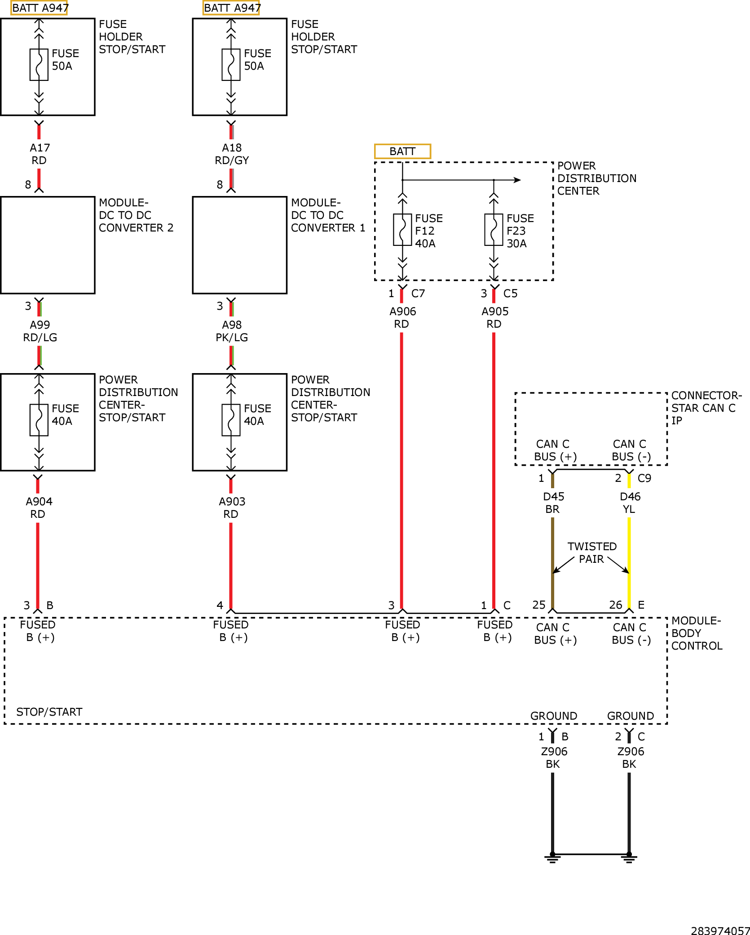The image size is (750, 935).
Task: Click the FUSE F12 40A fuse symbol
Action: click(402, 230)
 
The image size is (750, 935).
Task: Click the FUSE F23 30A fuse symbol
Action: click(494, 230)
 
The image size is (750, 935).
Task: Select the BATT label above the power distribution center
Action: click(402, 151)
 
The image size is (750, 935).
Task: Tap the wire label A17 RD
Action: click(40, 154)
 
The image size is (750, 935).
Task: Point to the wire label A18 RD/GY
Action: click(232, 154)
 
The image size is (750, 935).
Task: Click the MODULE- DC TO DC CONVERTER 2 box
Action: click(48, 245)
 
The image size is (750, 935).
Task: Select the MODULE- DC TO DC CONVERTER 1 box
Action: click(239, 245)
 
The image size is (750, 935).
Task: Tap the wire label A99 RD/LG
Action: click(40, 331)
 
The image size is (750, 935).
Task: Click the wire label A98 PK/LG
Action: click(232, 331)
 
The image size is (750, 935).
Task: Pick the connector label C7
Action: click(418, 294)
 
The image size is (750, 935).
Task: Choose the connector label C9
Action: click(644, 478)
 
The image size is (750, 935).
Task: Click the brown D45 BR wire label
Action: click(553, 503)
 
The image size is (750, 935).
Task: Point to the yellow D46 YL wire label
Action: click(630, 503)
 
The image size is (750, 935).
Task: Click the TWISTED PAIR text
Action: click(592, 553)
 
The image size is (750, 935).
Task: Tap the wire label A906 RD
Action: click(402, 318)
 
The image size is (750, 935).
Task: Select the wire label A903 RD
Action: click(232, 508)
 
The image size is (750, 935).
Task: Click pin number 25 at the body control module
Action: click(539, 605)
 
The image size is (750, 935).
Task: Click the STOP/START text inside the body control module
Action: click(49, 712)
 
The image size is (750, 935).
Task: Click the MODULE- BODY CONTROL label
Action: click(697, 633)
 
